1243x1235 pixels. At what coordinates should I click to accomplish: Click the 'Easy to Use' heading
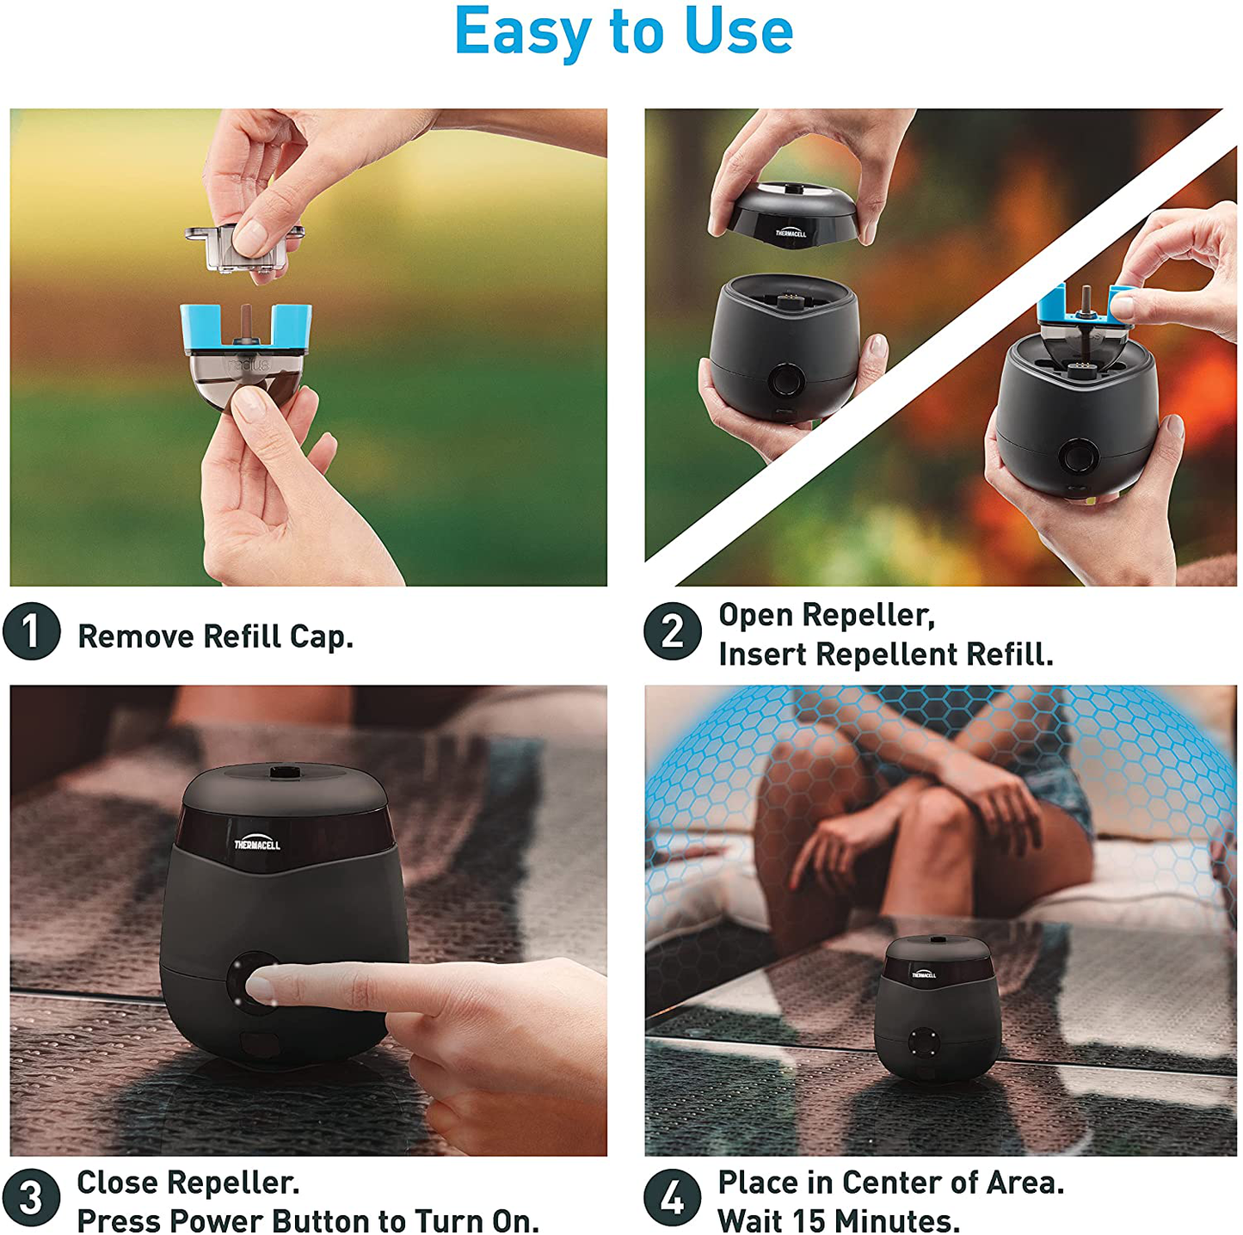tap(623, 32)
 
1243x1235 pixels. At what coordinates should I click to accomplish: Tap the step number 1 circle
tap(31, 630)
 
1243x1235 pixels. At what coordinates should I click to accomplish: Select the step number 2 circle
tap(672, 630)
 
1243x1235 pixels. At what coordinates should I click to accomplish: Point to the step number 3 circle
tap(31, 1197)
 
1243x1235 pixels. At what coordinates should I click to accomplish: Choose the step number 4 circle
tap(672, 1197)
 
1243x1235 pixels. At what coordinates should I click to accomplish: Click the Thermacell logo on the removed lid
tap(791, 233)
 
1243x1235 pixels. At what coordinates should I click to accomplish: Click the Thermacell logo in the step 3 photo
tap(256, 844)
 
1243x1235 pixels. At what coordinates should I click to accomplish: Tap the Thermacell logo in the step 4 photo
tap(924, 974)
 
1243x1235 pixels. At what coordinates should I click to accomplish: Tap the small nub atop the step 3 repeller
tap(280, 771)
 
